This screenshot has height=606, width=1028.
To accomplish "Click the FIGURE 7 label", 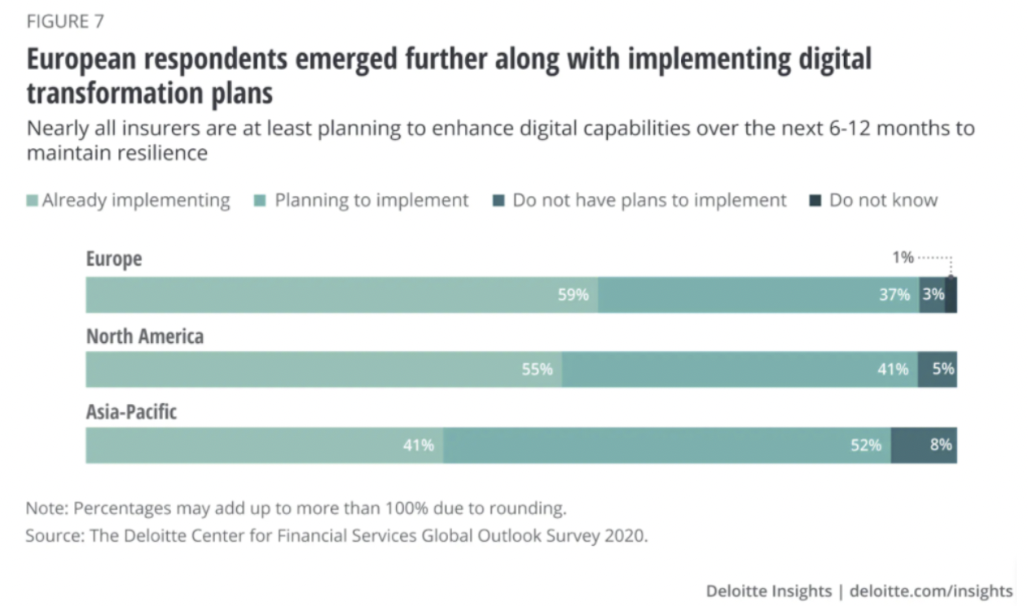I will (x=64, y=21).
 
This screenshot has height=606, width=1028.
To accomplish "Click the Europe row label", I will (x=114, y=259).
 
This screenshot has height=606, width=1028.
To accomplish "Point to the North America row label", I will (x=145, y=336).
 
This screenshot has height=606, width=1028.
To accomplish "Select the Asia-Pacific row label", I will (x=131, y=412).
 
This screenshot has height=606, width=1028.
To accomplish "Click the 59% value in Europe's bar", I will (x=573, y=295).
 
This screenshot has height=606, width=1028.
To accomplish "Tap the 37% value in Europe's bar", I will (x=894, y=295).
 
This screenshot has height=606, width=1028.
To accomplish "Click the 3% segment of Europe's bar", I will (x=933, y=295).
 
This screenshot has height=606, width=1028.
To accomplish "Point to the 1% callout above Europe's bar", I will (x=903, y=258).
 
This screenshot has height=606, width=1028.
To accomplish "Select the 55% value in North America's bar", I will (x=537, y=370).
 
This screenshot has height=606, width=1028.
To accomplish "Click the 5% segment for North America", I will (x=942, y=369).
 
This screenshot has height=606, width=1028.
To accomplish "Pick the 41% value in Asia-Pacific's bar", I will (x=418, y=446).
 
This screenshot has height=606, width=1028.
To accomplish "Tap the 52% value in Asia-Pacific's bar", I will (x=866, y=446).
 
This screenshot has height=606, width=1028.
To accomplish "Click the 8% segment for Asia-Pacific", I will (x=942, y=446).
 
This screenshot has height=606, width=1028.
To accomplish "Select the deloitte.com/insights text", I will (x=931, y=591).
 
